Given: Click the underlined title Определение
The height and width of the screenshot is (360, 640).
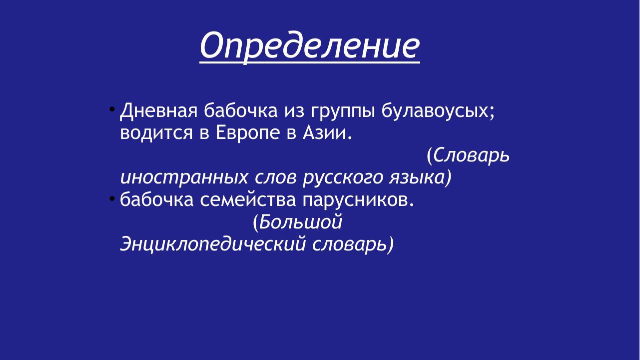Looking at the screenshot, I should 310,46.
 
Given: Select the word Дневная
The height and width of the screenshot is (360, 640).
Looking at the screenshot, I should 158,111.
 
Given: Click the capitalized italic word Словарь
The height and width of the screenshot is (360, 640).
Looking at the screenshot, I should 471,155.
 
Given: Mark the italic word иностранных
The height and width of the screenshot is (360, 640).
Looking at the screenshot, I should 184,177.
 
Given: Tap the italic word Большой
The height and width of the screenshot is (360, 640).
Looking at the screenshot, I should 300,222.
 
